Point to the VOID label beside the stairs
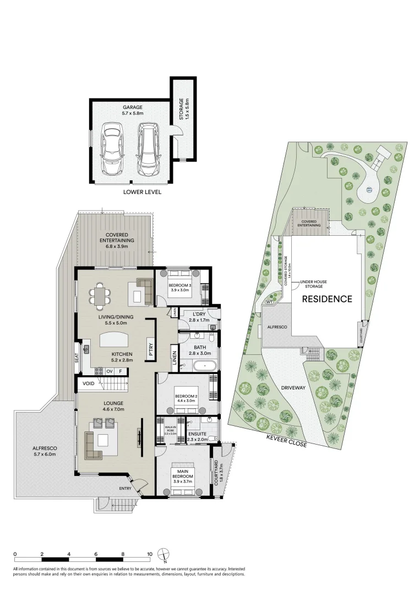tap(87, 383)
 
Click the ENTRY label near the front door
tap(125, 488)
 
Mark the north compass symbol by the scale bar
tap(163, 555)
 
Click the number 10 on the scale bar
tap(149, 554)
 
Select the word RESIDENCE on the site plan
tap(326, 299)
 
